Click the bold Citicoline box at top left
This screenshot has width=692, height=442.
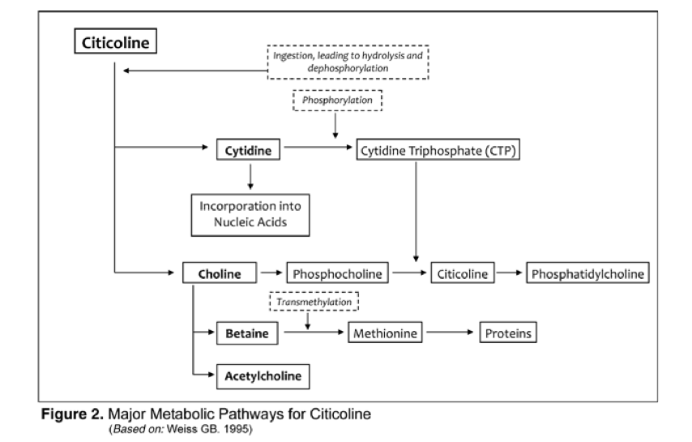pos(116,43)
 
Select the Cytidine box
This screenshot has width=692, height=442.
pos(242,150)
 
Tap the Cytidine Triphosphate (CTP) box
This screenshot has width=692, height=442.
pos(437,150)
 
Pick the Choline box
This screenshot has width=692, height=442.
pos(220,273)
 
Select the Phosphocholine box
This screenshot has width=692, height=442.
pos(336,273)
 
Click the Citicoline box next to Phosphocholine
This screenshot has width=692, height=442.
pos(462,273)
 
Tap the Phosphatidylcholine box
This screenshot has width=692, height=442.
pos(588,273)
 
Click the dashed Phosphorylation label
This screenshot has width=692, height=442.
pos(335,101)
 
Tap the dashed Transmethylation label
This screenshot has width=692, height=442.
pos(313,301)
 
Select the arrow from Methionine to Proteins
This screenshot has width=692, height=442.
pos(451,333)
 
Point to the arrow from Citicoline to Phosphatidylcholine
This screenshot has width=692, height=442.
pos(509,273)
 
